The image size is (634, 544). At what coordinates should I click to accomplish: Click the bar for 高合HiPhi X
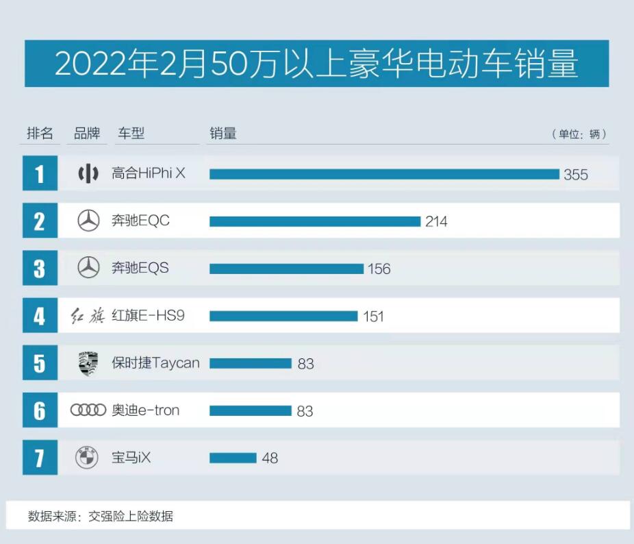(x=384, y=174)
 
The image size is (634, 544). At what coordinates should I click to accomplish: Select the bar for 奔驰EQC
(x=314, y=221)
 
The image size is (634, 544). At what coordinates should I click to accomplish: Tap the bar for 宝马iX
(x=233, y=458)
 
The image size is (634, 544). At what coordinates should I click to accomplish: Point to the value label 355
(x=576, y=175)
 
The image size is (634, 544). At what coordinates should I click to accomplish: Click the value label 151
(x=374, y=317)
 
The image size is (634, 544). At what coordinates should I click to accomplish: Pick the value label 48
(x=270, y=458)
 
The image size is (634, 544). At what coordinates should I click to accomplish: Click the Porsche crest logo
(x=88, y=363)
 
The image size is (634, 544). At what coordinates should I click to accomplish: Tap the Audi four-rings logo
(x=88, y=410)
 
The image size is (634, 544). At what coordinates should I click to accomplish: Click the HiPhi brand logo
(x=88, y=174)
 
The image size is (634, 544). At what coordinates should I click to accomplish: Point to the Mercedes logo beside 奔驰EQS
(x=88, y=268)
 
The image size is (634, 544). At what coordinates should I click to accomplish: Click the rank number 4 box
(x=40, y=316)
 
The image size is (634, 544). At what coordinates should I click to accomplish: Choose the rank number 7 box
(x=40, y=458)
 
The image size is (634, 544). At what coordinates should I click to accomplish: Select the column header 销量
(x=223, y=134)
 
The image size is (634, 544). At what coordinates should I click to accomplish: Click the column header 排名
(x=40, y=134)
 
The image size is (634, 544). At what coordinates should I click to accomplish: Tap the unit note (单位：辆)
(x=579, y=134)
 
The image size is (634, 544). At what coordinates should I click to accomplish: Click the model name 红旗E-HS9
(x=148, y=316)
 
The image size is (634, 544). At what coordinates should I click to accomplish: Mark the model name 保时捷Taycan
(x=155, y=363)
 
